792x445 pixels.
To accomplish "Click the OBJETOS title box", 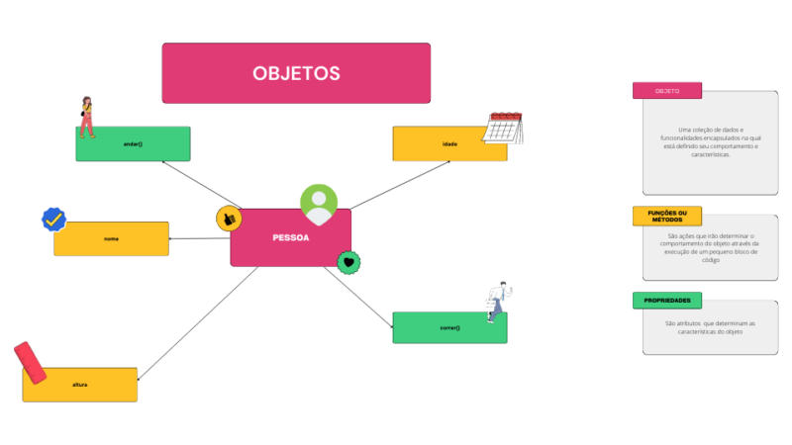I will tap(296, 73).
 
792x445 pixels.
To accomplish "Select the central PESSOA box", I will tap(290, 237).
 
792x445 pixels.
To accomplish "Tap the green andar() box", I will tap(133, 143).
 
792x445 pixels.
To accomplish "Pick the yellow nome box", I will tap(111, 238).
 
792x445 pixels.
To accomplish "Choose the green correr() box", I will tap(449, 327).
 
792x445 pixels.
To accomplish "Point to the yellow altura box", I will tap(79, 384).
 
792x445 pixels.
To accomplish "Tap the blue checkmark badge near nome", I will tap(53, 219).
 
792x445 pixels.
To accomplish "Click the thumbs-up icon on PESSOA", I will tap(229, 218).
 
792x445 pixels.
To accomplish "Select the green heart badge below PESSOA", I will tap(348, 262).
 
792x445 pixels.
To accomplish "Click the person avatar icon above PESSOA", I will tap(319, 203).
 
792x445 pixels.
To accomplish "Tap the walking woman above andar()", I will tap(87, 117).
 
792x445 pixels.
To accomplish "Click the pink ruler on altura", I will tap(31, 362).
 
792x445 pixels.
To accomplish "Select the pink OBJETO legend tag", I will tap(667, 91).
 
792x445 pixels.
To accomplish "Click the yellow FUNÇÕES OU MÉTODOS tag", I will tap(667, 216).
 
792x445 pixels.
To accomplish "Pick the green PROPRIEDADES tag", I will tap(667, 300).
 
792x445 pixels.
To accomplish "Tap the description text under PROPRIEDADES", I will tap(710, 327).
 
